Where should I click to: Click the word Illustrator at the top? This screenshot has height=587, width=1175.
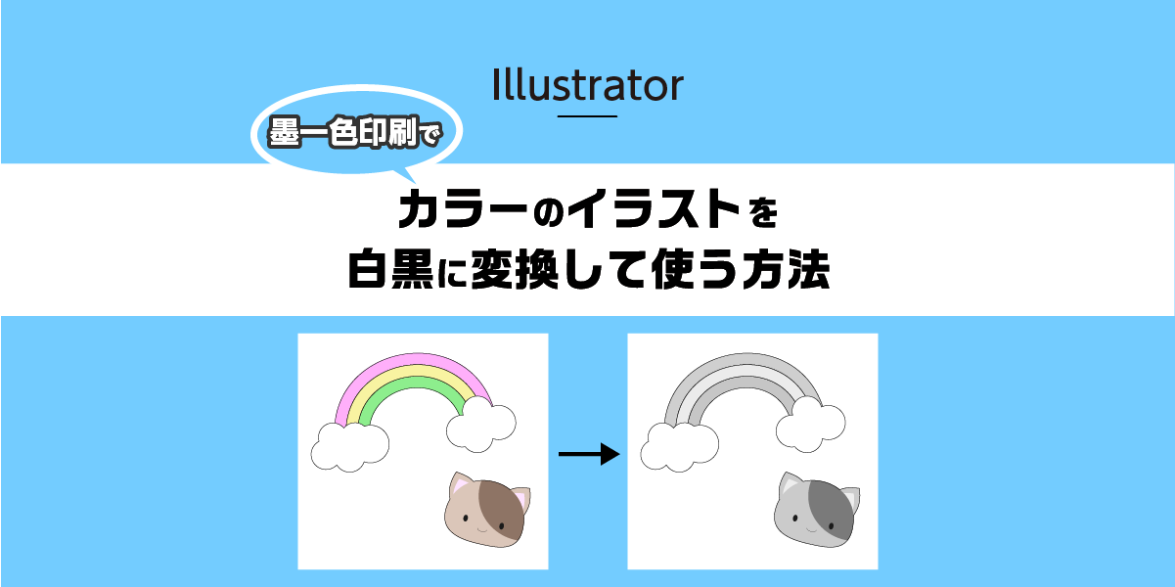587,85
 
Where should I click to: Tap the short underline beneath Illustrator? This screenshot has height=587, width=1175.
587,115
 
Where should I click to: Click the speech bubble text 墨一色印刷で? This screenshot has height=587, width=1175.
355,132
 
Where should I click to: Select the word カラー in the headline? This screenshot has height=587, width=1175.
463,208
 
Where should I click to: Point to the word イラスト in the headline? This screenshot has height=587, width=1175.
655,208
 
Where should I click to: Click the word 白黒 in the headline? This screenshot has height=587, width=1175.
390,269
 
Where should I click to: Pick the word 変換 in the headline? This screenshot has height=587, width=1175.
514,269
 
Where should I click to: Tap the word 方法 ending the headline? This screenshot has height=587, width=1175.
787,269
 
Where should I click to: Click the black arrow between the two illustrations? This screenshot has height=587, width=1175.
589,454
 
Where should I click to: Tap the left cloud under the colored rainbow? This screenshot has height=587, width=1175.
350,447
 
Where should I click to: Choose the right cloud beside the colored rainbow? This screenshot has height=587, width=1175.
481,424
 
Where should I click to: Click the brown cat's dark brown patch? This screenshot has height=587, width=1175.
502,509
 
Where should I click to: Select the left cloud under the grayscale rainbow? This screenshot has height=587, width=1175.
679,447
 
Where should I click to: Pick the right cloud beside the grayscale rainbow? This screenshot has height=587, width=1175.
810,424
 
